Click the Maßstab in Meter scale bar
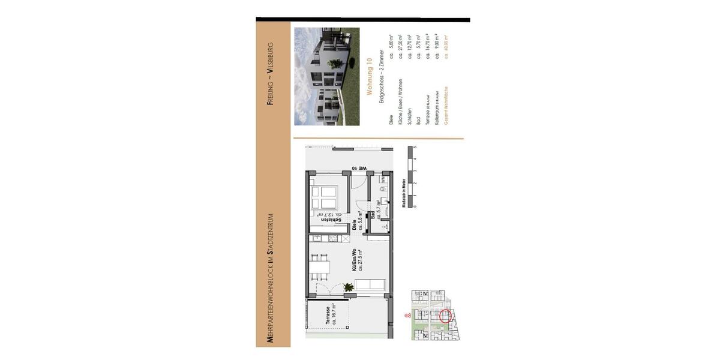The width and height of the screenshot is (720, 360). pyautogui.click(x=410, y=177)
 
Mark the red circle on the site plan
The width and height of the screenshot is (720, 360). pyautogui.click(x=445, y=316)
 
